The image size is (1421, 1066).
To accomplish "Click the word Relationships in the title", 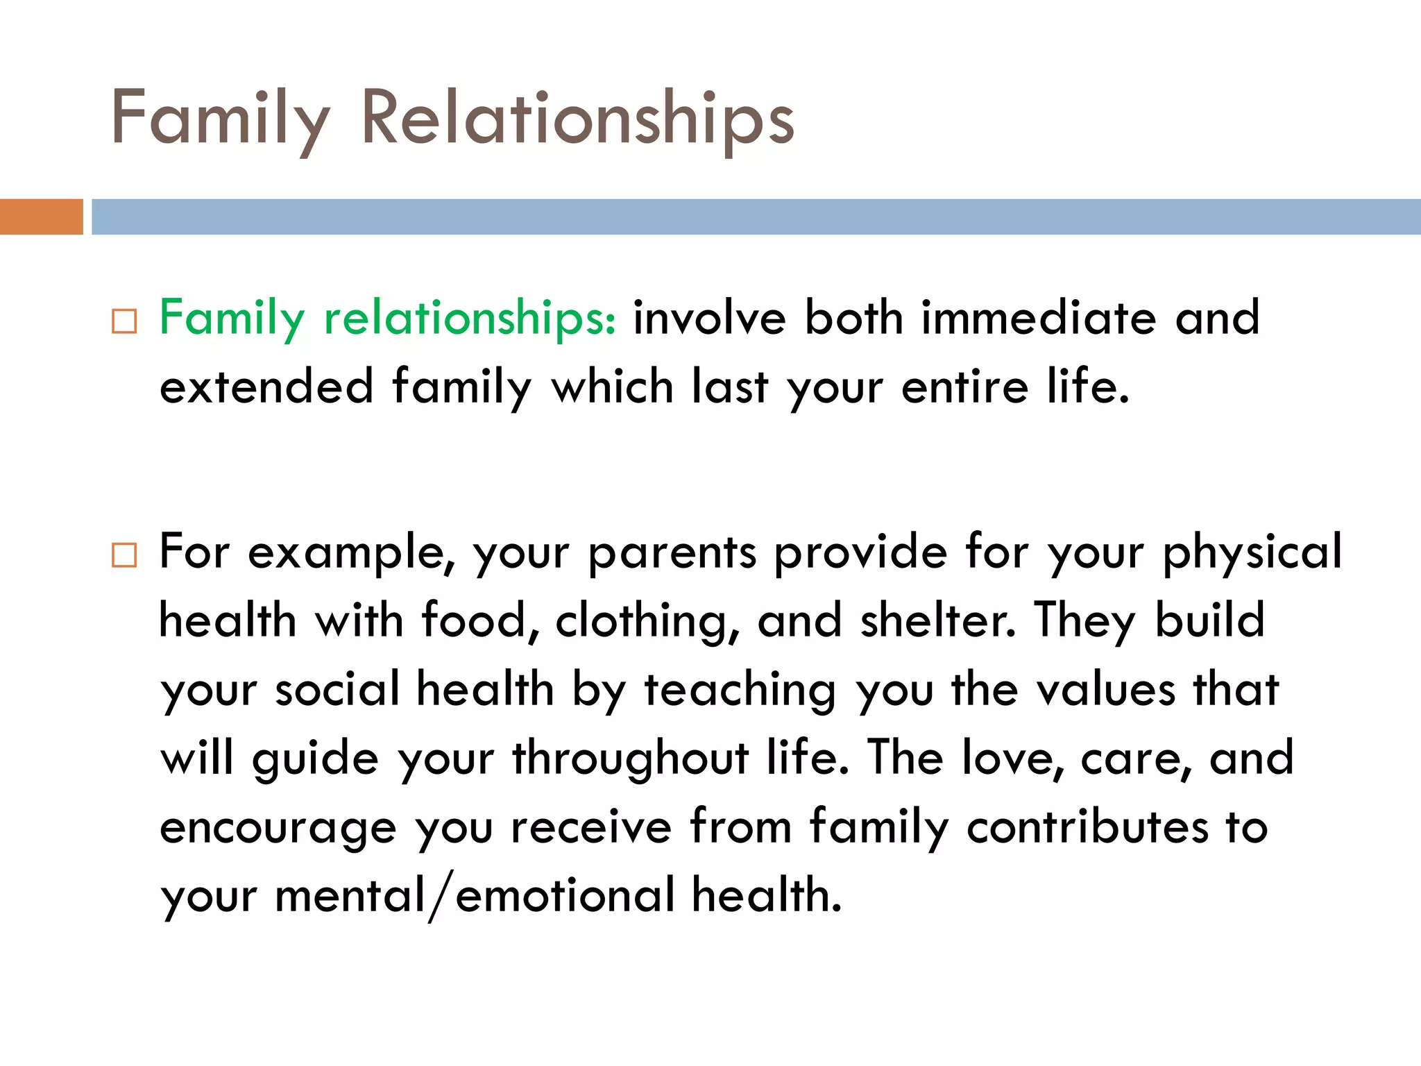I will [x=577, y=119].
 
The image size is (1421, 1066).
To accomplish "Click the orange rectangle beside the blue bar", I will [x=41, y=217].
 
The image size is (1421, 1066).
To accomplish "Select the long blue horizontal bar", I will [x=756, y=217].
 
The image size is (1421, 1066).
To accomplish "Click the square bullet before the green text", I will [x=124, y=322].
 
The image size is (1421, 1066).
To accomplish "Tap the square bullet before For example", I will [x=124, y=555].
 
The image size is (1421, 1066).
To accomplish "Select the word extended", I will [x=266, y=387].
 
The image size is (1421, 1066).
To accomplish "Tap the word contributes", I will [x=1087, y=827].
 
